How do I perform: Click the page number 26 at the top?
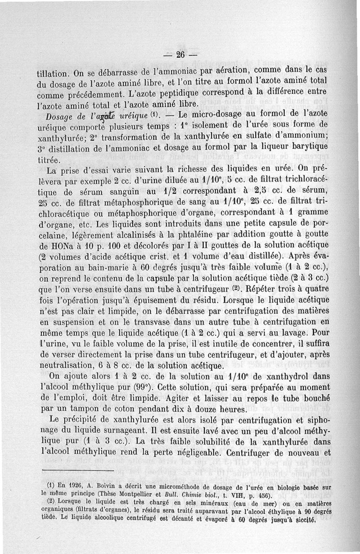click(x=180, y=55)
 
